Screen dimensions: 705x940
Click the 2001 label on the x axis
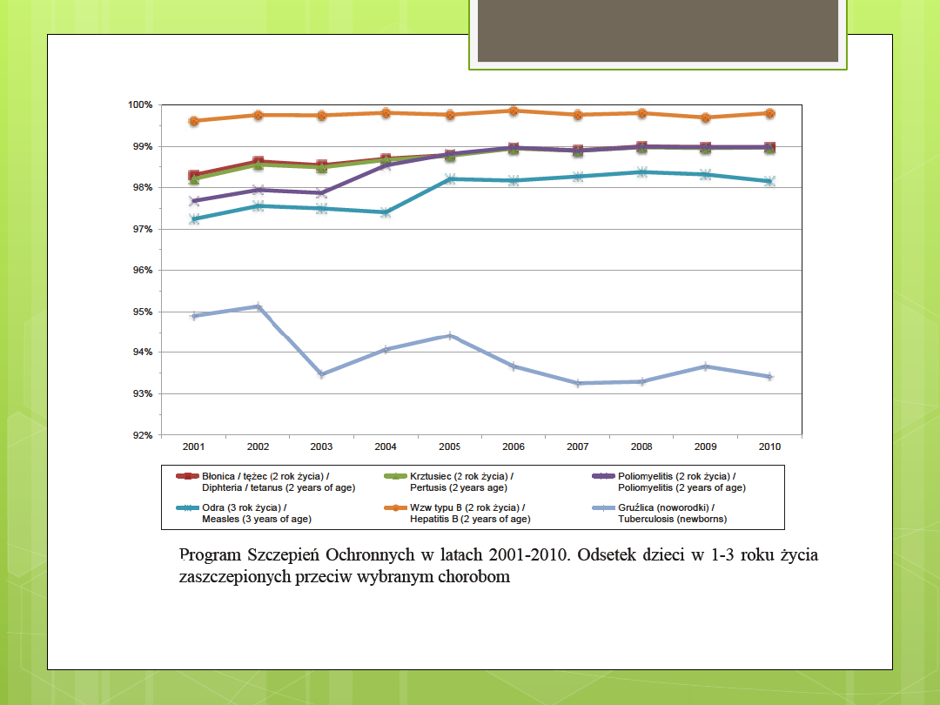point(193,446)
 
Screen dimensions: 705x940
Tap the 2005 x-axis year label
point(449,446)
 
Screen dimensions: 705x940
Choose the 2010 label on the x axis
point(769,446)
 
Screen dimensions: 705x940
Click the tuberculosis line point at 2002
point(258,306)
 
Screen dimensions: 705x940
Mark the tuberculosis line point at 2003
point(321,374)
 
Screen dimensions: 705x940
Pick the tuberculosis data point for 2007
point(578,383)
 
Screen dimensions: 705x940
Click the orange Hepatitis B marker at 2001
point(194,121)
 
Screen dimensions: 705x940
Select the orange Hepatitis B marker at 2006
point(514,111)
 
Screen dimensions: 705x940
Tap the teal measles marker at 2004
point(386,212)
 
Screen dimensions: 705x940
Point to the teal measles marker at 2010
point(769,181)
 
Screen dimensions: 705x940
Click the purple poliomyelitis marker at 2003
point(321,193)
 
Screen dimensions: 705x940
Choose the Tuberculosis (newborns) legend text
point(672,519)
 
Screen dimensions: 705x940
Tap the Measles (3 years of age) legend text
point(257,519)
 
